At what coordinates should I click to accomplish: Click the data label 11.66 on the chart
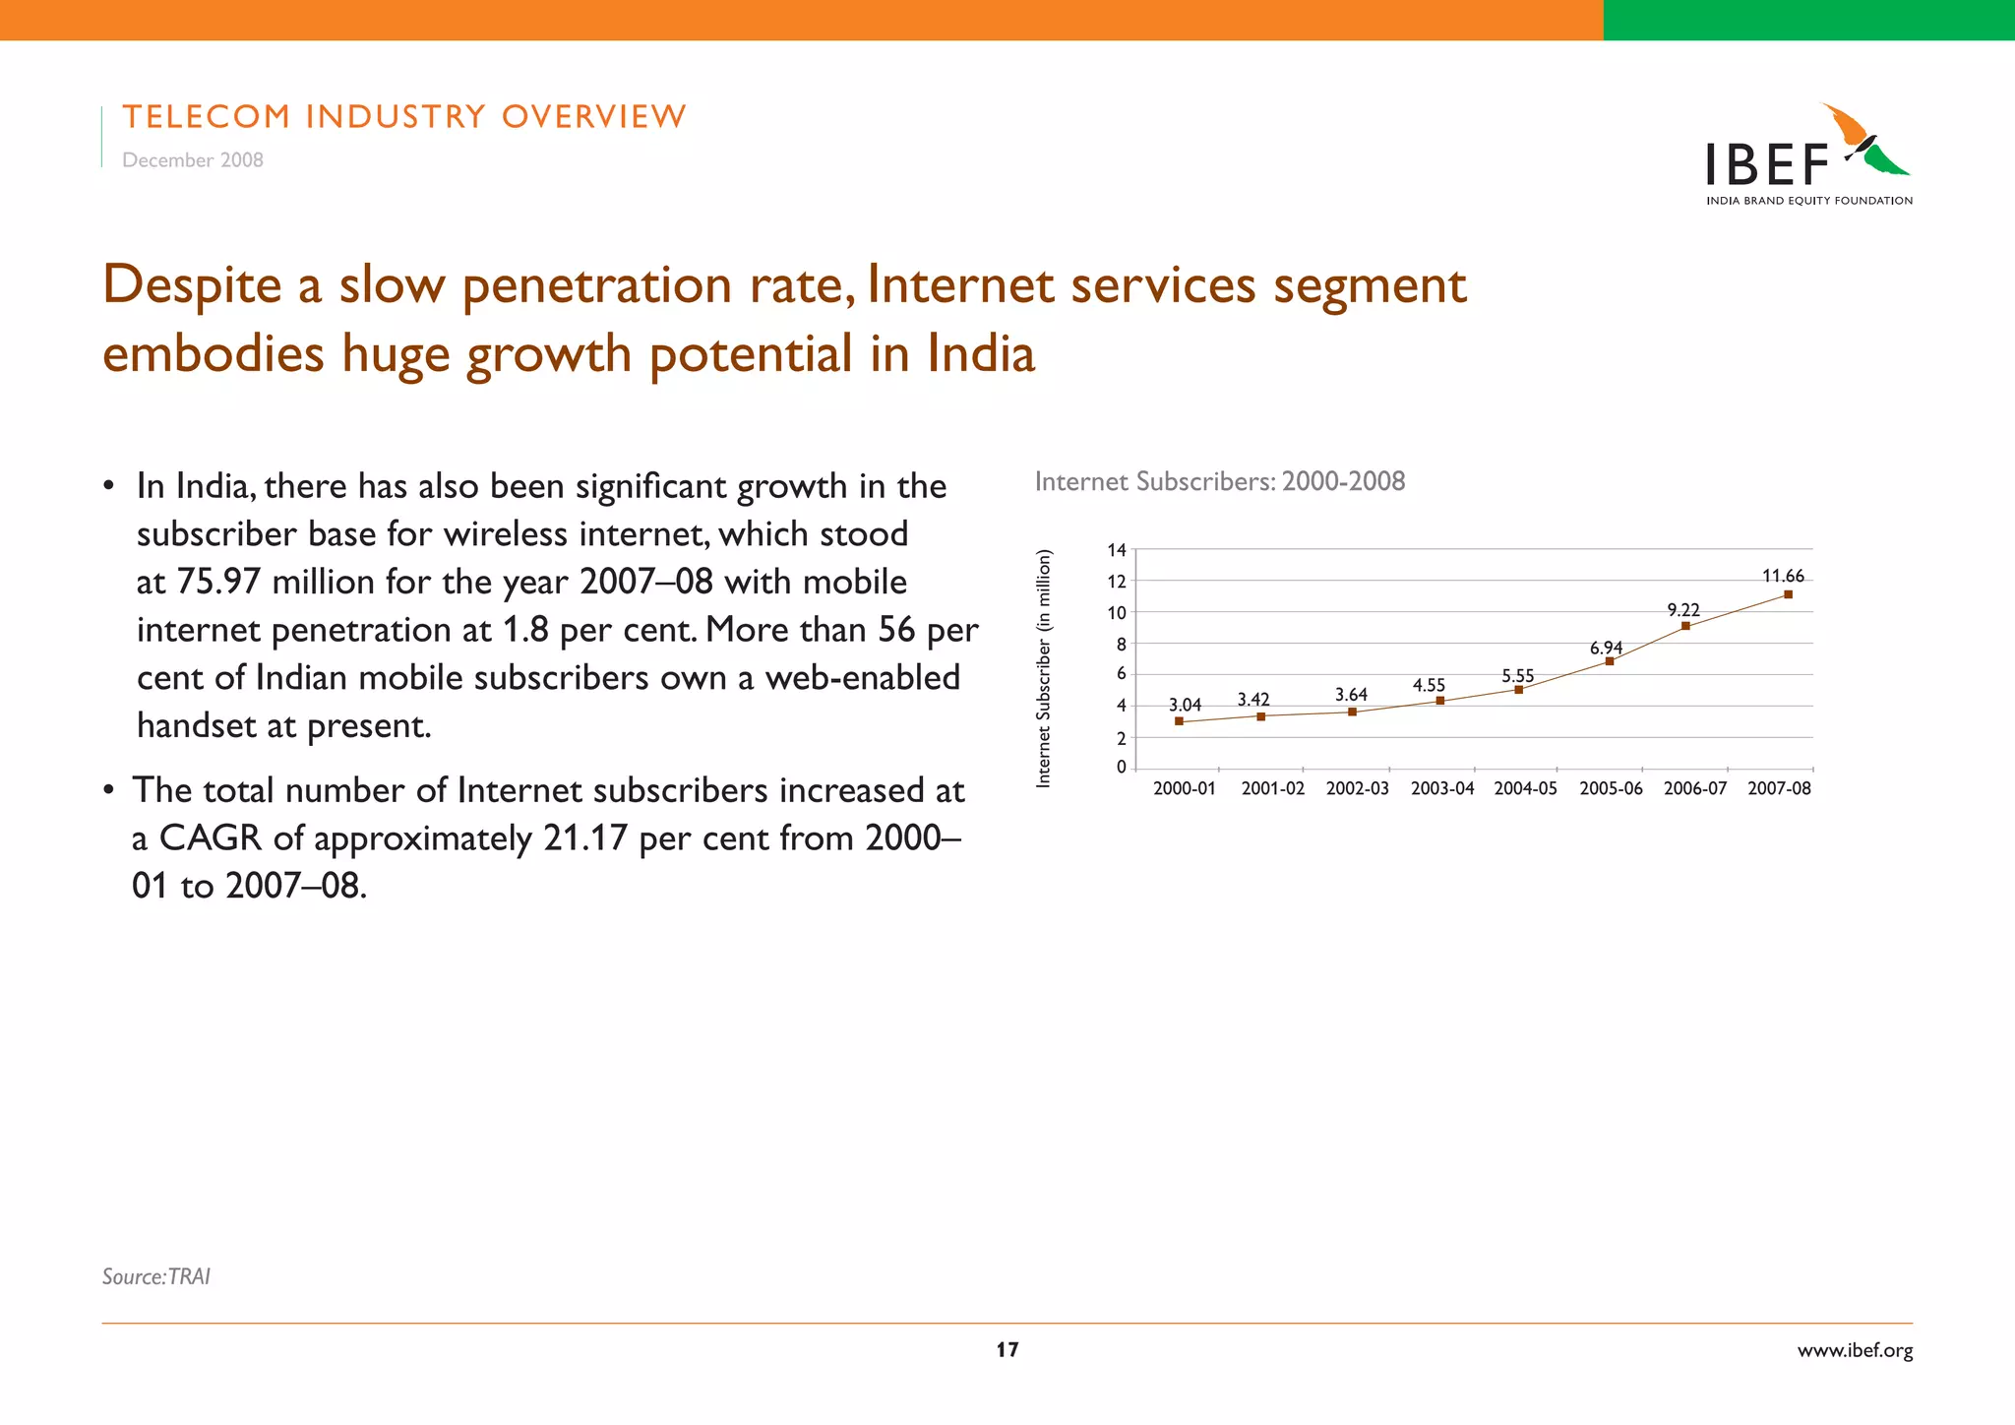(x=1783, y=577)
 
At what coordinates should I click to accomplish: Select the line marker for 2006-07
(x=1685, y=626)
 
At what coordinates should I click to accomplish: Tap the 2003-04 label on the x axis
(x=1442, y=788)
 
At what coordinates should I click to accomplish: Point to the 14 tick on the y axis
(x=1117, y=550)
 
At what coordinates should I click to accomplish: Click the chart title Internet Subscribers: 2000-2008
(x=1220, y=481)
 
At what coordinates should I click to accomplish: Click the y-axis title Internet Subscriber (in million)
(x=1044, y=668)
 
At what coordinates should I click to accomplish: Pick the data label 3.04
(x=1185, y=705)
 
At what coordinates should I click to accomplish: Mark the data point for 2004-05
(x=1518, y=690)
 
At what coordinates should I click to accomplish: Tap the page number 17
(x=1007, y=1349)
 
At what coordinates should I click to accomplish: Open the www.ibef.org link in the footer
(x=1855, y=1350)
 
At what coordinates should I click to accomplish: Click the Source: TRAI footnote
(x=156, y=1276)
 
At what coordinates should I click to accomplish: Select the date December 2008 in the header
(x=193, y=160)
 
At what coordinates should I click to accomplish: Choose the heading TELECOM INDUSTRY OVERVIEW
(x=404, y=117)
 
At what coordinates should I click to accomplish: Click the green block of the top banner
(x=1808, y=20)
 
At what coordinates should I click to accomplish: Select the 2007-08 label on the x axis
(x=1779, y=788)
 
